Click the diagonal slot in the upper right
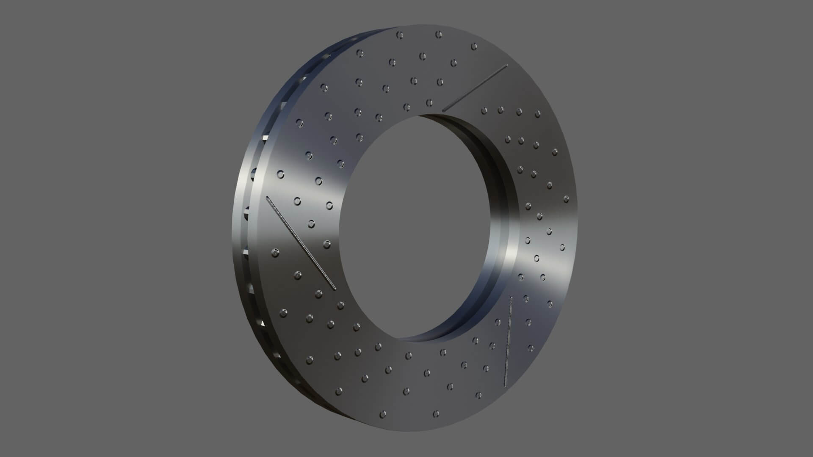(475, 88)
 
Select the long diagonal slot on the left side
(301, 243)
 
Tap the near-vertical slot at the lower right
(508, 341)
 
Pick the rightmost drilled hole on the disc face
(566, 198)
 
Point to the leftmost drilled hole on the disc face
(275, 253)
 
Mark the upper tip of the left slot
(267, 198)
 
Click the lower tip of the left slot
(335, 289)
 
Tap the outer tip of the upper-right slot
(506, 66)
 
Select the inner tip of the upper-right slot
(444, 110)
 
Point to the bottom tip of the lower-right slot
(505, 385)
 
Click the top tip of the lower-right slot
(512, 297)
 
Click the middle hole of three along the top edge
(439, 35)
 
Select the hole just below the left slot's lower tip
(340, 305)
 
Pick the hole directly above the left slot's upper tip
(280, 175)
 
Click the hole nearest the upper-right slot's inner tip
(429, 102)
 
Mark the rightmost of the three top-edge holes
(474, 46)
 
